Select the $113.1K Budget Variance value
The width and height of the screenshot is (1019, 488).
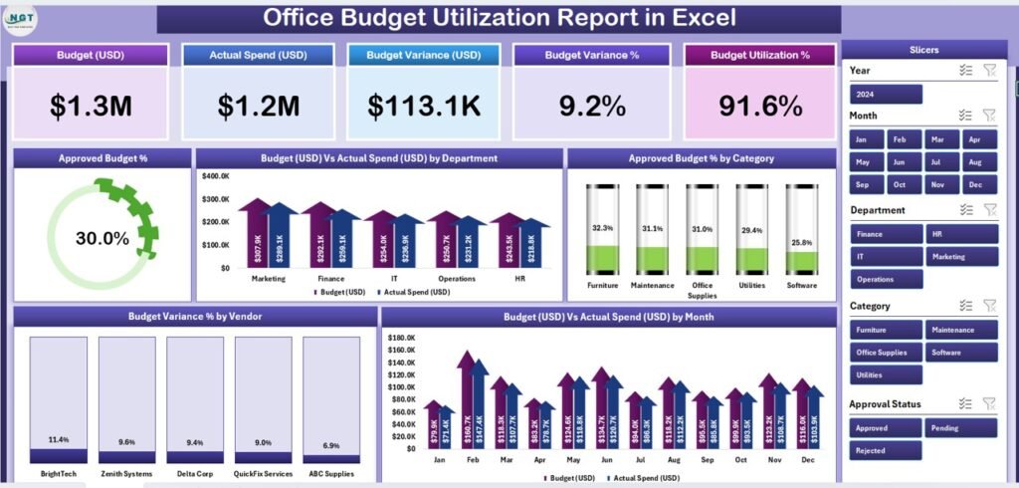point(423,105)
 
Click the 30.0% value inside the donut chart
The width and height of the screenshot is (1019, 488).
point(102,239)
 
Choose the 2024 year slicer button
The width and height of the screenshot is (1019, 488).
point(886,95)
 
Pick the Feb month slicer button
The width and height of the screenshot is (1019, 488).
point(900,139)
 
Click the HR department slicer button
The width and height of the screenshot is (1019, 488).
point(961,234)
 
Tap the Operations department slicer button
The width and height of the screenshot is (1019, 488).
point(886,280)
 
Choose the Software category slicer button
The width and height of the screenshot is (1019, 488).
point(961,353)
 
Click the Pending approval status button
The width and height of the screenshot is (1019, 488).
point(961,427)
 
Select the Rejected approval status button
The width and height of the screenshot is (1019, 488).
point(886,450)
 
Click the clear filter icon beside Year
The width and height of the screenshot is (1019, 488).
point(989,70)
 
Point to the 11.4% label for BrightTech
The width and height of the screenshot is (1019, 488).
point(59,440)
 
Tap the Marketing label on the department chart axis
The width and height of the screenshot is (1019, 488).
point(268,279)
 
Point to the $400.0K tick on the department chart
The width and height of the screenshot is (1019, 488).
point(216,176)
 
